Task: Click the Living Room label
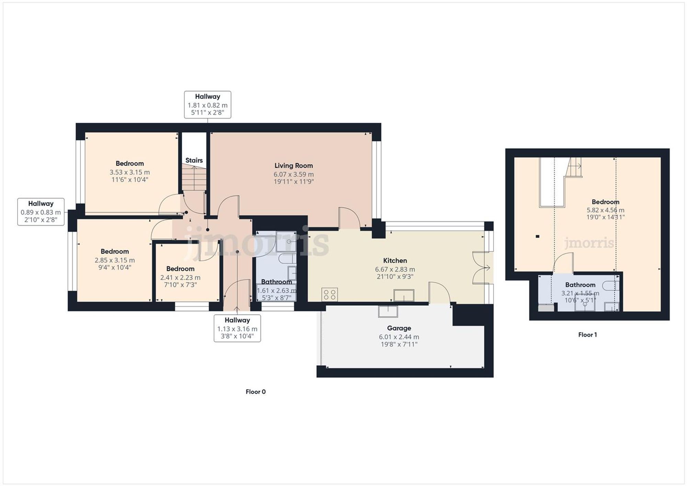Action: coord(293,166)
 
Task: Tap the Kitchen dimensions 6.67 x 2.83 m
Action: coord(395,269)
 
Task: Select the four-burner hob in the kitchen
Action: coord(329,295)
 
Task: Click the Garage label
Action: coord(399,328)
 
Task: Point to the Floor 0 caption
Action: coord(256,392)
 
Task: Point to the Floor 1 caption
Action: coord(587,335)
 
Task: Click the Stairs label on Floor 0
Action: coord(194,160)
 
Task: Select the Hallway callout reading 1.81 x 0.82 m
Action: coord(207,105)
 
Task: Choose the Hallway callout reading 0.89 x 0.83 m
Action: coord(41,212)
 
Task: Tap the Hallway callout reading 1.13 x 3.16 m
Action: coord(237,328)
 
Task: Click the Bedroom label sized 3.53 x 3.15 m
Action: coord(129,163)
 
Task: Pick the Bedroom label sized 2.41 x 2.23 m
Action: coord(180,269)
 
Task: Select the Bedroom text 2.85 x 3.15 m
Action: coord(115,260)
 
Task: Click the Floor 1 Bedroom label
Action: coord(605,202)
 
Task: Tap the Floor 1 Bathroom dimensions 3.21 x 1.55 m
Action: coord(580,293)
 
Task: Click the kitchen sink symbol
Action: coord(404,295)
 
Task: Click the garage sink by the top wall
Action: coord(388,311)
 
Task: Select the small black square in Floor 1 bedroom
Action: coord(538,236)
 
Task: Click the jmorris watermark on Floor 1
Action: coord(589,243)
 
